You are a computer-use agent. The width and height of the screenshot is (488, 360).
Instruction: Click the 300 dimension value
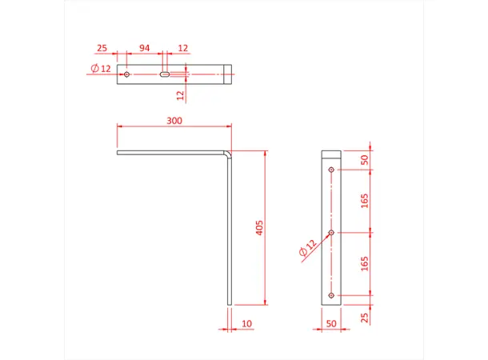[174, 121]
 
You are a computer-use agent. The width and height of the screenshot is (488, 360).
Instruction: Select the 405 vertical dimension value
[258, 228]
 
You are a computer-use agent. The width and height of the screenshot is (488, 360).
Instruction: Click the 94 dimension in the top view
[145, 48]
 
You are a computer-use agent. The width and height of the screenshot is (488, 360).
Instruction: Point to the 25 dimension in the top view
[102, 48]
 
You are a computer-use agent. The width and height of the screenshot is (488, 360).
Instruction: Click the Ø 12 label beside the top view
[101, 69]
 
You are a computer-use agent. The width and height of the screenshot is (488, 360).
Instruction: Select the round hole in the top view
[127, 74]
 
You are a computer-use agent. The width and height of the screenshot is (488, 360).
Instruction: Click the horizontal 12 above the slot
[183, 48]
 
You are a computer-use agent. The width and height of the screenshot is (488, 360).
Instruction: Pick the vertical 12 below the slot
[181, 94]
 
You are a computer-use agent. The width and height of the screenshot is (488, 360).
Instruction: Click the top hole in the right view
[331, 169]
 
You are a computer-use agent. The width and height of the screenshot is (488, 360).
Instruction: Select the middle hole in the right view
[331, 232]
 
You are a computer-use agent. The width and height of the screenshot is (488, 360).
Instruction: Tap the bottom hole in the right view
[331, 295]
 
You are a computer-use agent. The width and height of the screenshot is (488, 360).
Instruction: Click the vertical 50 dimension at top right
[365, 159]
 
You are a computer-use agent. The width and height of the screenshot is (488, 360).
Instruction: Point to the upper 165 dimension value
[365, 200]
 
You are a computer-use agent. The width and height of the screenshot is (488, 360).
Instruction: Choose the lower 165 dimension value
[365, 264]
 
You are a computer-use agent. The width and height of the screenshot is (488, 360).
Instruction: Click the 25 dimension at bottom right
[365, 318]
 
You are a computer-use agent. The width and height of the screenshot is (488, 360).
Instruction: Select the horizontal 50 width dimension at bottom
[330, 324]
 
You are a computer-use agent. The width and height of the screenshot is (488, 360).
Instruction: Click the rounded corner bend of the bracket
[228, 152]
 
